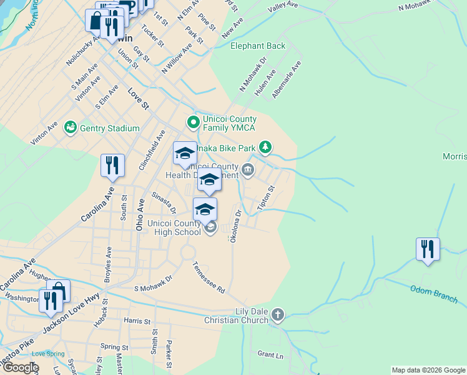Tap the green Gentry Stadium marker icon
71,128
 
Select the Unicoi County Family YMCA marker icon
194,121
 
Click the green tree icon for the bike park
266,147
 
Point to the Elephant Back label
258,46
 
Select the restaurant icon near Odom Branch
428,249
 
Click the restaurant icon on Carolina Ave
112,166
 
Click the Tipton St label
267,197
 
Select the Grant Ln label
270,354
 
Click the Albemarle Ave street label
292,75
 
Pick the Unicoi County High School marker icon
210,228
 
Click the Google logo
20,367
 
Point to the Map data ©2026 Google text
428,370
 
